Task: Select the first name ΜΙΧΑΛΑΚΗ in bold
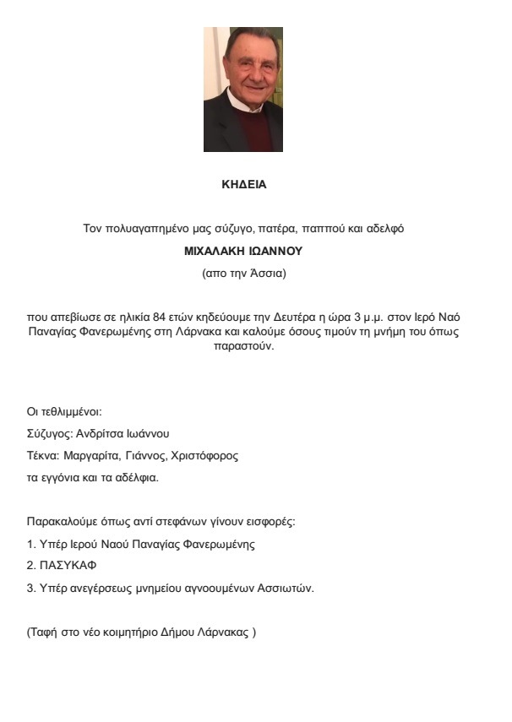tap(218, 251)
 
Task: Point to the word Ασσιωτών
tap(285, 588)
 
